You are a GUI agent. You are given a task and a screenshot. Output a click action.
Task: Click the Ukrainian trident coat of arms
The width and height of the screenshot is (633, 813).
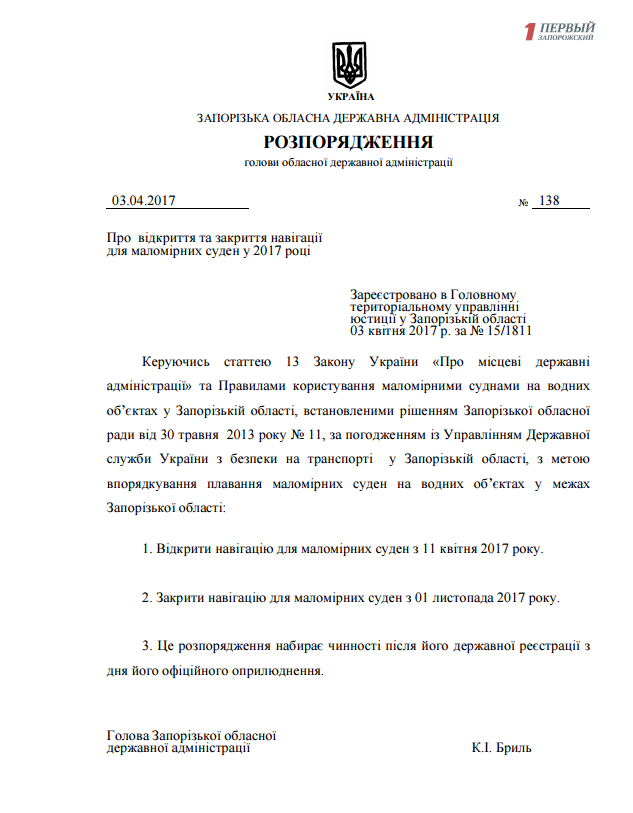(x=349, y=65)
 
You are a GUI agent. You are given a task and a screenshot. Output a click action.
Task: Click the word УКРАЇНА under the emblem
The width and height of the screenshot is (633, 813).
(x=349, y=97)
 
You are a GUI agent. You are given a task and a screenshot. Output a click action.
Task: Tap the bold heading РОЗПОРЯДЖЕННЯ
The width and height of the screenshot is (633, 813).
(x=349, y=140)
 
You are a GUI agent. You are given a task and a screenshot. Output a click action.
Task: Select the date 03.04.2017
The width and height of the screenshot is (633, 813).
(x=144, y=201)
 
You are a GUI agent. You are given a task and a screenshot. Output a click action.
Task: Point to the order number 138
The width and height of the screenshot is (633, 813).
(x=548, y=201)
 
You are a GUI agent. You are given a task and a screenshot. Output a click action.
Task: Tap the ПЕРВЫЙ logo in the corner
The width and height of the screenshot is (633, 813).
(x=560, y=31)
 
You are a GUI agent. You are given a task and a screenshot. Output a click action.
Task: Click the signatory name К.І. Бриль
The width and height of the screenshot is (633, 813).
(x=501, y=747)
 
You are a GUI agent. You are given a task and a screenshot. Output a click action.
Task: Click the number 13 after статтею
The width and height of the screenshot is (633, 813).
(x=293, y=361)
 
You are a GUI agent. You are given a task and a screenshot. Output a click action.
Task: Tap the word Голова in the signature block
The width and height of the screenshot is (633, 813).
(x=128, y=735)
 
